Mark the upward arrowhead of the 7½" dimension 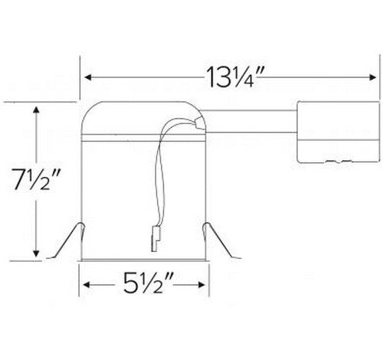tap(36, 112)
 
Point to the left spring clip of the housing tap(69, 241)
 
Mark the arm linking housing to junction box tap(253, 127)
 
